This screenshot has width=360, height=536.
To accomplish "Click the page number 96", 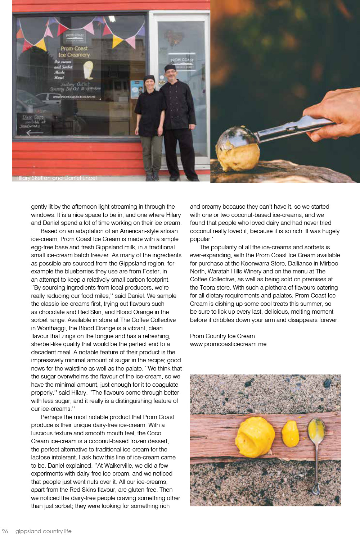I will click(x=5, y=531).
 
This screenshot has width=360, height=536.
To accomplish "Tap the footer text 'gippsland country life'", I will click(x=43, y=531).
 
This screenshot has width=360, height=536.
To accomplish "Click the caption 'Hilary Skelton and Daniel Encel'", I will click(x=57, y=178).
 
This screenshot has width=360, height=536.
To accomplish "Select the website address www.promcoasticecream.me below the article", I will click(x=228, y=344).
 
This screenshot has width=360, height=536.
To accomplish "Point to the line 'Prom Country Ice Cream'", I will click(x=222, y=336).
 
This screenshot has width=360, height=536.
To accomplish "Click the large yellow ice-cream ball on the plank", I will click(x=255, y=437).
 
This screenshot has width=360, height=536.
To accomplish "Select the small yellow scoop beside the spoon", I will click(x=290, y=433).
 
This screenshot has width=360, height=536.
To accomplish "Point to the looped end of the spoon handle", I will click(x=316, y=490).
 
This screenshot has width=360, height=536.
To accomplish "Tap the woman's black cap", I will click(x=149, y=78).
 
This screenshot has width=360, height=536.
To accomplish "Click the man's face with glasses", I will click(x=170, y=74).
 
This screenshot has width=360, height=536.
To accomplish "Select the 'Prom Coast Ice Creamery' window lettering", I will click(x=74, y=51).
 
